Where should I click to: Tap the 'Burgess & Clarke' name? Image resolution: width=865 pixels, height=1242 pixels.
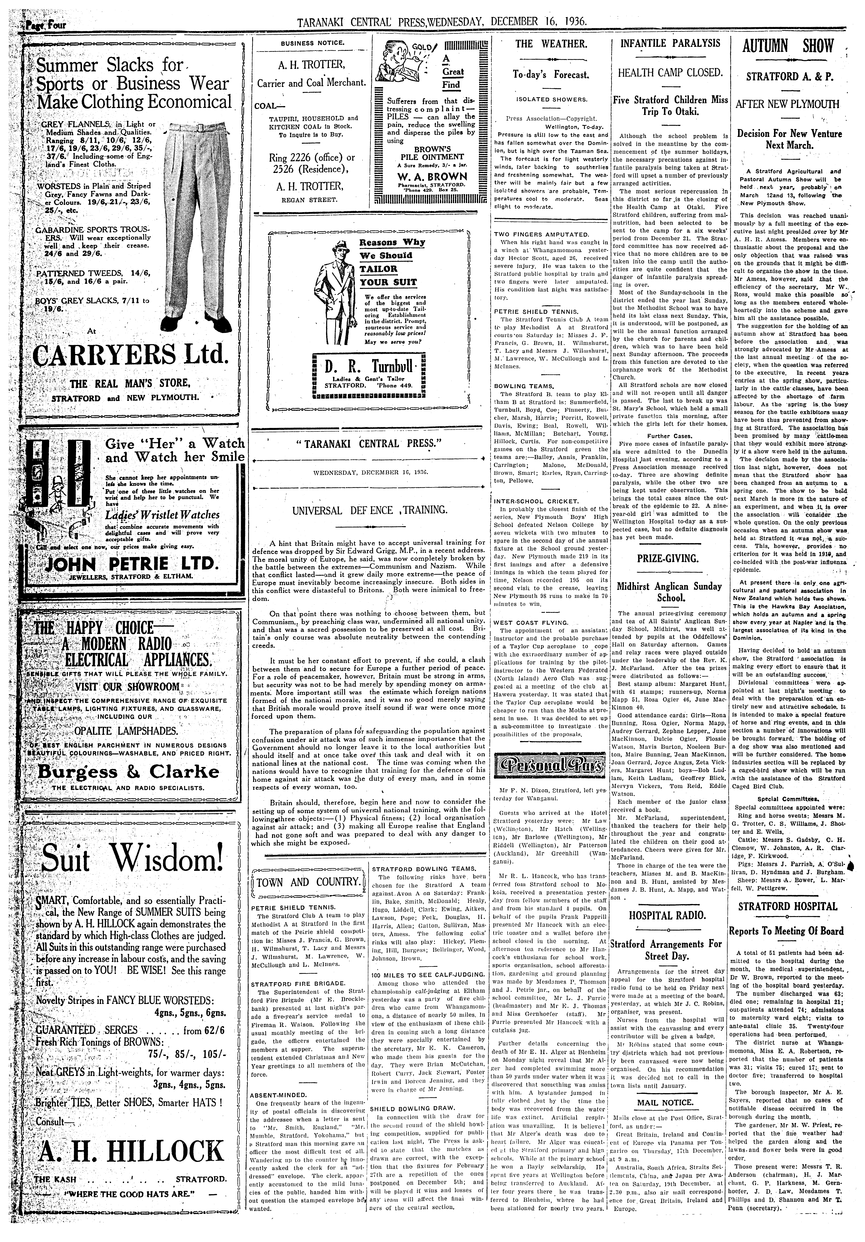pos(128,771)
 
